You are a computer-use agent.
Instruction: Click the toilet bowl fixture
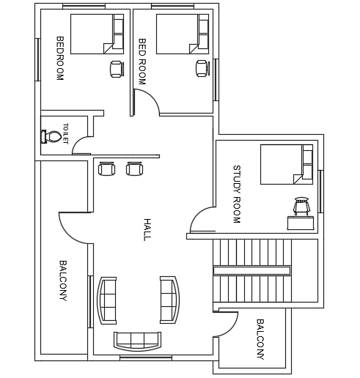[x=51, y=136]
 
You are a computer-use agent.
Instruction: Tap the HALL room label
[x=147, y=229]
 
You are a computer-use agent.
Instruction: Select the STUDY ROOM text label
[x=237, y=194]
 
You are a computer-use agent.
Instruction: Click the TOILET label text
[x=65, y=133]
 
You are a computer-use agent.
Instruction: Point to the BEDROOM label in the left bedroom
[x=60, y=59]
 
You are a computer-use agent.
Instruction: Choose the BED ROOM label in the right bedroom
[x=142, y=62]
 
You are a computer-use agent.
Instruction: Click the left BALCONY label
[x=63, y=281]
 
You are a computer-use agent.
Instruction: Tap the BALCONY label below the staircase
[x=260, y=339]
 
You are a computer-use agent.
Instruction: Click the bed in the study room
[x=287, y=164]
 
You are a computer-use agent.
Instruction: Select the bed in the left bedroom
[x=97, y=34]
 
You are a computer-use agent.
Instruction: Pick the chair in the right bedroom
[x=202, y=68]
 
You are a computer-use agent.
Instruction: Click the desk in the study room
[x=301, y=223]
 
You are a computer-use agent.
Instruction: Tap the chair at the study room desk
[x=301, y=206]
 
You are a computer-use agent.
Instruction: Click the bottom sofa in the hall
[x=138, y=341]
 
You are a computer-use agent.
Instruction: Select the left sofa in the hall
[x=107, y=300]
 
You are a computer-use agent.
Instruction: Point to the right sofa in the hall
[x=170, y=300]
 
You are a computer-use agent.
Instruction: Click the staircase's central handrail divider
[x=251, y=270]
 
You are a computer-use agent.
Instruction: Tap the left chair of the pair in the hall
[x=106, y=168]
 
